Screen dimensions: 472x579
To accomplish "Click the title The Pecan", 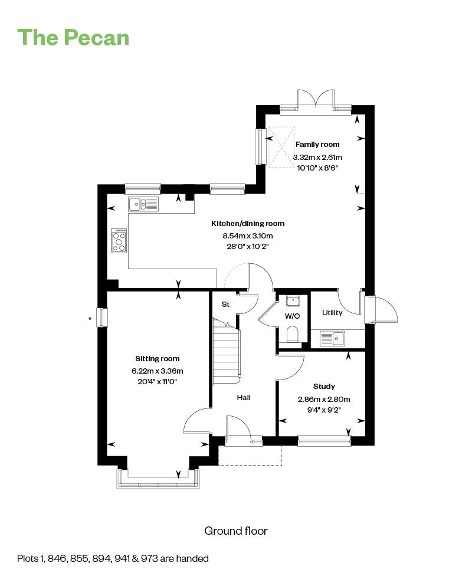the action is click(73, 38).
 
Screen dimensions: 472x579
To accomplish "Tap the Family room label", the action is click(317, 145).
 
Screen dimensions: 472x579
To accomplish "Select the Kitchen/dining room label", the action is click(248, 224).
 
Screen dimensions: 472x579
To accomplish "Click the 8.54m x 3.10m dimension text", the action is click(248, 235).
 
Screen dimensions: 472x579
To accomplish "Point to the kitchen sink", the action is click(143, 204).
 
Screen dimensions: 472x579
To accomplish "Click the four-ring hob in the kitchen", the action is click(119, 240).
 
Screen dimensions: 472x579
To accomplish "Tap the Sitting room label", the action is click(157, 358).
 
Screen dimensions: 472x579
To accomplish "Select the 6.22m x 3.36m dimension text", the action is click(157, 371).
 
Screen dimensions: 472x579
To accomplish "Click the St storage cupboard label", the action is click(225, 305).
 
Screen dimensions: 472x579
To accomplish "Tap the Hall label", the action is click(244, 397).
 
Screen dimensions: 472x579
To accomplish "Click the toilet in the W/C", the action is click(292, 333).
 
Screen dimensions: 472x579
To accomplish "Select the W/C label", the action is click(292, 316).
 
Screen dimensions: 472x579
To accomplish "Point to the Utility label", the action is click(332, 312).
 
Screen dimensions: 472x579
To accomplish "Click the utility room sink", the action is click(332, 338).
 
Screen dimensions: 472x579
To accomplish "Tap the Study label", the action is click(324, 386).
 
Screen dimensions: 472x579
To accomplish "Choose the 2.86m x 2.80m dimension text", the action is click(324, 399).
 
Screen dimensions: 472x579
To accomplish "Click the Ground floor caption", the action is click(236, 531).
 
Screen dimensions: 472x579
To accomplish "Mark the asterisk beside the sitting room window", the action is click(90, 318).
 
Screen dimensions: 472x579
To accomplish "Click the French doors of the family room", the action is click(316, 99).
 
